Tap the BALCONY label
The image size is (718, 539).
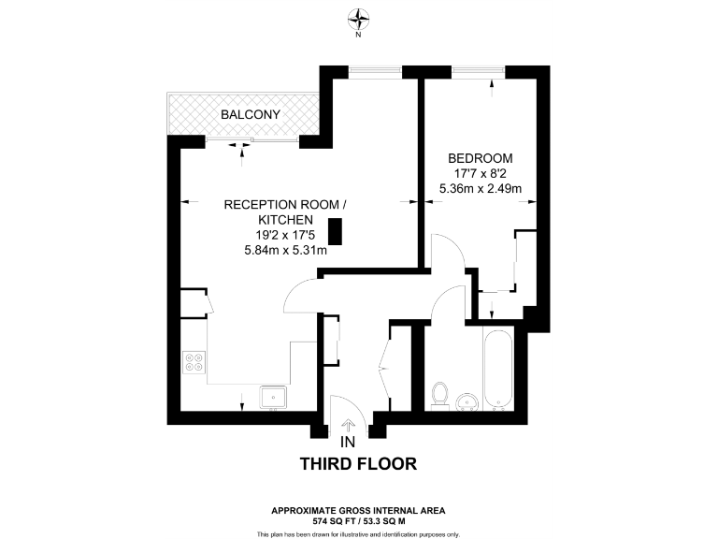pos(251,115)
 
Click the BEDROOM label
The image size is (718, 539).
pos(480,157)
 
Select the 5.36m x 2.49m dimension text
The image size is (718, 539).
pos(480,189)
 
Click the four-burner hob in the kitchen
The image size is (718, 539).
pos(195,361)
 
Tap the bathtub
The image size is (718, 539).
pos(497,369)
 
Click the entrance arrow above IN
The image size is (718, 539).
pos(349,426)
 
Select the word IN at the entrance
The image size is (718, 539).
pos(348,442)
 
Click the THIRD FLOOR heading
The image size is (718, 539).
pos(358,463)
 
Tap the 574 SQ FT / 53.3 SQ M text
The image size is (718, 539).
pos(358,519)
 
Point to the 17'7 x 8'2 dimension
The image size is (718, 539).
pos(480,173)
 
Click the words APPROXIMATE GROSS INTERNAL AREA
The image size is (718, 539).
pos(358,510)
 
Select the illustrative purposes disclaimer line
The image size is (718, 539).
pos(358,533)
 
